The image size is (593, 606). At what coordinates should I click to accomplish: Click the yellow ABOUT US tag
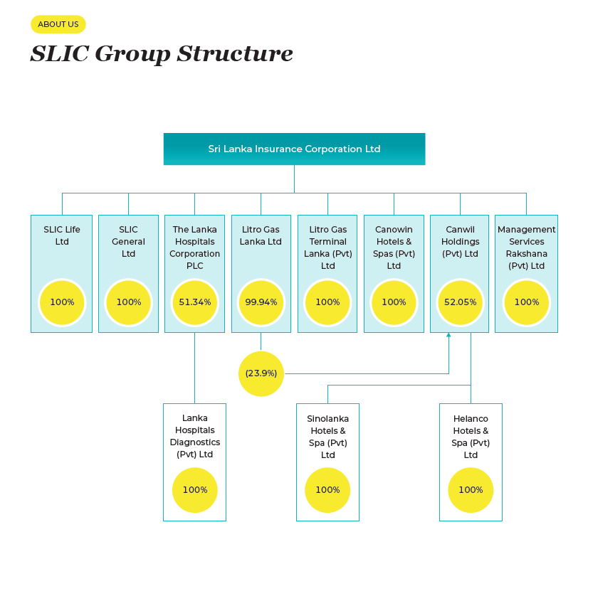(58, 24)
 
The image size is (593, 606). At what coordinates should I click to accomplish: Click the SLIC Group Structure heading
(162, 54)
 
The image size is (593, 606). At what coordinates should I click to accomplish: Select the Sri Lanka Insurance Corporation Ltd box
(294, 149)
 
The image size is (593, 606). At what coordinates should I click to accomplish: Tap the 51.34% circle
(195, 302)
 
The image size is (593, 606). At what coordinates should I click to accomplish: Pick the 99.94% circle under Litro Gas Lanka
(261, 302)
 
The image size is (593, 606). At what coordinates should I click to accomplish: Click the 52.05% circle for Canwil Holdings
(461, 302)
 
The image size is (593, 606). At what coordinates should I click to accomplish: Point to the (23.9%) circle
(261, 373)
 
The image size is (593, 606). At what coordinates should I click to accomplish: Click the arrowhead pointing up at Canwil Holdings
(448, 336)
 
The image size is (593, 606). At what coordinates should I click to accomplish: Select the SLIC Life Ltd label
(62, 235)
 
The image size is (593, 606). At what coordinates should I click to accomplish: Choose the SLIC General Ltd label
(128, 241)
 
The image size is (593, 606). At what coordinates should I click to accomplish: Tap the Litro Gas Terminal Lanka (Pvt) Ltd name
(327, 248)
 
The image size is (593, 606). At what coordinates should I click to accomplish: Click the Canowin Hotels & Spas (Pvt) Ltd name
(394, 248)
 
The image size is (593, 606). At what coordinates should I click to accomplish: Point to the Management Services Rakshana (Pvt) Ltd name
(527, 248)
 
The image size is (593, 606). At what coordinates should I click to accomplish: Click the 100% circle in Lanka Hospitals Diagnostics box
(195, 490)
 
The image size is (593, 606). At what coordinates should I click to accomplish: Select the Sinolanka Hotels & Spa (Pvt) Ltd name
(327, 437)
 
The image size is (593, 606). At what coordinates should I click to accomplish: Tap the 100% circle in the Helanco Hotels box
(471, 490)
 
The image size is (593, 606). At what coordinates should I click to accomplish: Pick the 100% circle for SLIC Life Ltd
(62, 302)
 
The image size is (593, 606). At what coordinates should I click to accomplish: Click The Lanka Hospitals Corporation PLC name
(195, 248)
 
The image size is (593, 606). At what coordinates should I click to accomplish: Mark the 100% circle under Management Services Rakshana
(527, 302)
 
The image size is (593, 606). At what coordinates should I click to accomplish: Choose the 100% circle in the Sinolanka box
(327, 490)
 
